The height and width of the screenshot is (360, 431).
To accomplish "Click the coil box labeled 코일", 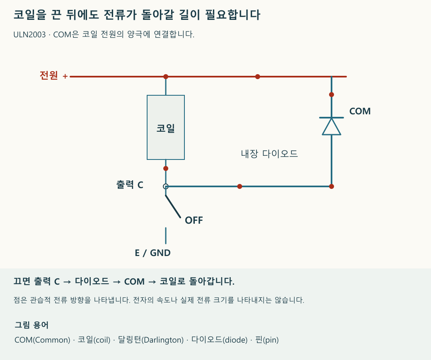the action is tap(166, 127).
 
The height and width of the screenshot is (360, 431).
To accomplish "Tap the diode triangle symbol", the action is tap(332, 126).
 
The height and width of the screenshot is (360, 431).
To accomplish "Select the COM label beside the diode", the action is tap(360, 111).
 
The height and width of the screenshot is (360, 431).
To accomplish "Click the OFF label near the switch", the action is tap(194, 220).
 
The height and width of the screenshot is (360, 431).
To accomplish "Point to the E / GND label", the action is tap(153, 253).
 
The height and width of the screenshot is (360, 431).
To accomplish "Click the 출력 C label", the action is tap(130, 185).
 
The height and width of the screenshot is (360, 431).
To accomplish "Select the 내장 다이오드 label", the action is tap(269, 154).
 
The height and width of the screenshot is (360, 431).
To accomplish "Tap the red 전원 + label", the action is tap(53, 75).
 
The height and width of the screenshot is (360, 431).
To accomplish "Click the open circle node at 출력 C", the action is tap(166, 186).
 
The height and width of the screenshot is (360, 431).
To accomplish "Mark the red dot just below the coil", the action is tap(166, 169).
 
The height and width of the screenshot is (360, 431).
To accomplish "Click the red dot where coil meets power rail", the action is tap(166, 77).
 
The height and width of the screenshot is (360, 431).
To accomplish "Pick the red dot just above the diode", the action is tap(332, 94).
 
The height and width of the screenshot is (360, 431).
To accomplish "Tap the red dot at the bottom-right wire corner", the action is tap(332, 186).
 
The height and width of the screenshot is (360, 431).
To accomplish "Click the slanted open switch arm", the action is tap(173, 206).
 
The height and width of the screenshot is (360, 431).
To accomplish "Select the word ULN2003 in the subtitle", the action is tap(29, 35).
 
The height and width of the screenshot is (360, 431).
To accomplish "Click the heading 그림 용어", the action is tap(31, 325).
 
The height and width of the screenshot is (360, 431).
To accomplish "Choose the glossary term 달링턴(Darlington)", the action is tap(150, 340).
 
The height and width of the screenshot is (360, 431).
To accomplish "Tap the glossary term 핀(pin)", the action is tap(267, 340).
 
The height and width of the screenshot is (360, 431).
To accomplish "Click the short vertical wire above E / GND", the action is tap(166, 235).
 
